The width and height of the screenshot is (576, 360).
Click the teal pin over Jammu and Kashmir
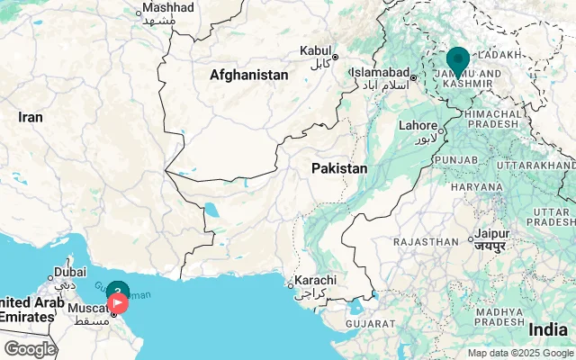pos(458,61)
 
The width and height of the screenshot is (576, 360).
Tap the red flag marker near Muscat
pos(118,303)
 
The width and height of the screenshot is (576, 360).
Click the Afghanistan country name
pos(249,76)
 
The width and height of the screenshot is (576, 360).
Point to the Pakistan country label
pos(339,168)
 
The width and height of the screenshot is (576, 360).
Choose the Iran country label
pos(31,117)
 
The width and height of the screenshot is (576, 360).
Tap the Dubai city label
pos(69,272)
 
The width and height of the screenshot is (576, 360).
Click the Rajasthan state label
pos(426,241)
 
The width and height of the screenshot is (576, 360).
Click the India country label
pos(548,329)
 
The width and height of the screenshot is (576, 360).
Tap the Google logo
pos(30,349)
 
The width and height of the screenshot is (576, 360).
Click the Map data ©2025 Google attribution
pos(519,353)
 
